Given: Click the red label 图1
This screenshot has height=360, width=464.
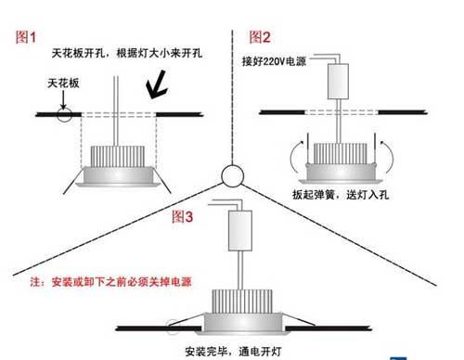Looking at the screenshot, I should tap(25, 37).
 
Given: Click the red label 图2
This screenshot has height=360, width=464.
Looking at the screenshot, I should tap(260, 37).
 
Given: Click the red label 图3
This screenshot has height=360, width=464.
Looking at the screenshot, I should tap(183, 218).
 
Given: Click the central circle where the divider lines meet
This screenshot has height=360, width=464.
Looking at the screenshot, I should tap(231, 175).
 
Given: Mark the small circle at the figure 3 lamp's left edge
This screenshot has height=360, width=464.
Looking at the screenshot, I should tap(173, 326).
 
